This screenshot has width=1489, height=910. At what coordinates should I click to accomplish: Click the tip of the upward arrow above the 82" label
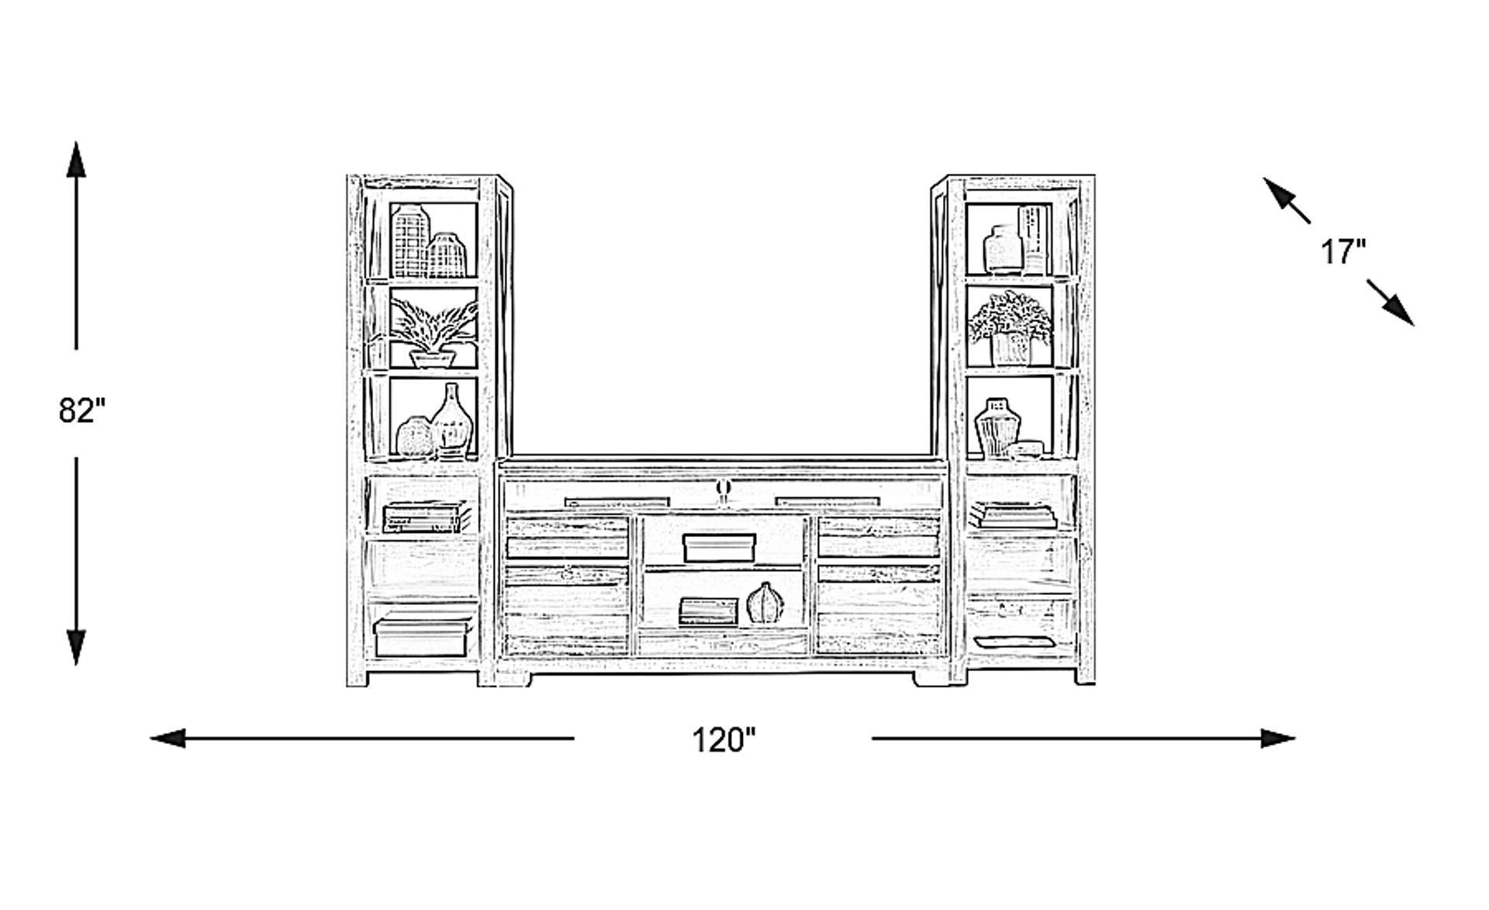click(x=76, y=142)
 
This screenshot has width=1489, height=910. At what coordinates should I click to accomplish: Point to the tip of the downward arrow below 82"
click(x=76, y=666)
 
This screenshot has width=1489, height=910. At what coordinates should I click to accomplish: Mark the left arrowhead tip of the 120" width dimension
click(x=150, y=739)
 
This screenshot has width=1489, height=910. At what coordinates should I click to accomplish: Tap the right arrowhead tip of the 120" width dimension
click(x=1296, y=739)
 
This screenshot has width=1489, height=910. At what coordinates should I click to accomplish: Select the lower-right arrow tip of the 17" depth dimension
click(x=1414, y=324)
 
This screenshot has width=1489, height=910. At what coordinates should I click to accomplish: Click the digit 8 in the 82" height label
click(x=68, y=410)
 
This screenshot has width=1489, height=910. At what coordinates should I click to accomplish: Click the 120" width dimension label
click(x=723, y=740)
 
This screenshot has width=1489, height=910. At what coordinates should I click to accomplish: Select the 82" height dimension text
click(x=81, y=410)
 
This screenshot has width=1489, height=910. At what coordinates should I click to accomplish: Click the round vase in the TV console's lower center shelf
click(x=764, y=603)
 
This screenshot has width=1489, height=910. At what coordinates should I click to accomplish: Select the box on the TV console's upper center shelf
click(x=719, y=548)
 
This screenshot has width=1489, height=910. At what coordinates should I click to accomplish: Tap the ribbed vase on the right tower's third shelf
click(x=997, y=428)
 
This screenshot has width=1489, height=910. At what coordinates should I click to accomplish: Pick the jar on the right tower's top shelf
click(x=1004, y=248)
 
